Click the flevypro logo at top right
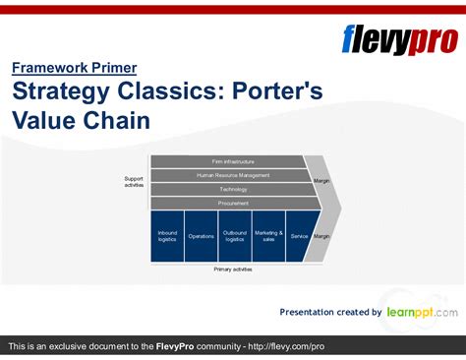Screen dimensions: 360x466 (398, 40)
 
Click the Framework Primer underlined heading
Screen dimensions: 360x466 (74, 68)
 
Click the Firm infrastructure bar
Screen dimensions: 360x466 (232, 161)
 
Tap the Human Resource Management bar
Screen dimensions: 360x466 (232, 175)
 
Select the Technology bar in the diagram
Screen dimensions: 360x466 (232, 189)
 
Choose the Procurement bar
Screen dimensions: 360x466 (232, 203)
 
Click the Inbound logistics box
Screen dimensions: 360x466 (167, 236)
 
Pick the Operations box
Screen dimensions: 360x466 (201, 236)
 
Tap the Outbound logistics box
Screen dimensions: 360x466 (234, 236)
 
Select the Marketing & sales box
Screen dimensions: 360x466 (268, 236)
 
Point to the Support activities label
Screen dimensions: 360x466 (134, 181)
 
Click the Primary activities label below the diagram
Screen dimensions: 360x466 (233, 269)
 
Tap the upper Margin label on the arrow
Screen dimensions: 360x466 (321, 181)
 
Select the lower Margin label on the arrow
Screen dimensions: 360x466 (321, 236)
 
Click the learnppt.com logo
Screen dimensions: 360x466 (421, 312)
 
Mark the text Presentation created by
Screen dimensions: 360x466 (330, 313)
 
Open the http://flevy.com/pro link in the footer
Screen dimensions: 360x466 (286, 347)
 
